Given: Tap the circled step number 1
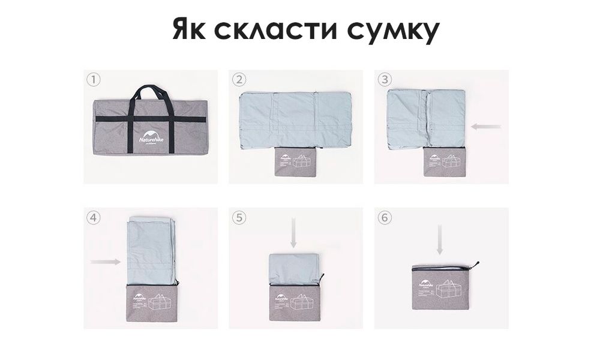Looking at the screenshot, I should coord(92,80).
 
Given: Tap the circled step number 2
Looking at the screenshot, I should coord(239,80).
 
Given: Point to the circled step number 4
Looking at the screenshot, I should coord(92,218).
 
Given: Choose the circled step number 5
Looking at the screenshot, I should coord(239,218).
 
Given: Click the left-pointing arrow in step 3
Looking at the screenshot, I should coord(487,127).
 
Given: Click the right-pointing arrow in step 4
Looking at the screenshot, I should coord(104,262).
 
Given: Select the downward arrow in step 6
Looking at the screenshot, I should coord(440,240).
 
